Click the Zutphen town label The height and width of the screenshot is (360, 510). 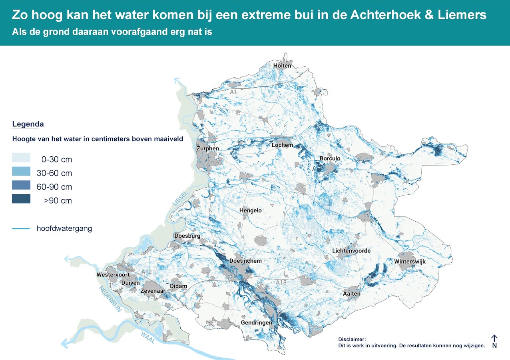coord(207,148)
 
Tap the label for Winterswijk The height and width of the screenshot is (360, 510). coord(410,262)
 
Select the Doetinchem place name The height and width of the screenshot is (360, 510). coord(245,261)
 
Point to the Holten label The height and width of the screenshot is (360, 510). coord(282,66)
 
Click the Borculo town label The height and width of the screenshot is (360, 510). coord(330,158)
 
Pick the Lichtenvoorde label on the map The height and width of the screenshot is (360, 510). coord(351,251)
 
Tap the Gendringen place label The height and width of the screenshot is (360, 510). coord(256,323)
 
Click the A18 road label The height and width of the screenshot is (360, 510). coord(282,282)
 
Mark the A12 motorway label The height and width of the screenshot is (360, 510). coord(147,272)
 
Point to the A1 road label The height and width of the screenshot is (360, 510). coord(233,92)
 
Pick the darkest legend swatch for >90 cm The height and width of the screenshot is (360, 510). coord(21,199)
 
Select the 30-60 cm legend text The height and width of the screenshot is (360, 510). coord(54,173)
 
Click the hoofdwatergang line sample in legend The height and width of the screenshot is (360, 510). coord(21,229)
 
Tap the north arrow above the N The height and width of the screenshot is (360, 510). coord(494,338)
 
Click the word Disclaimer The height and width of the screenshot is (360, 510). coord(352,339)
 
